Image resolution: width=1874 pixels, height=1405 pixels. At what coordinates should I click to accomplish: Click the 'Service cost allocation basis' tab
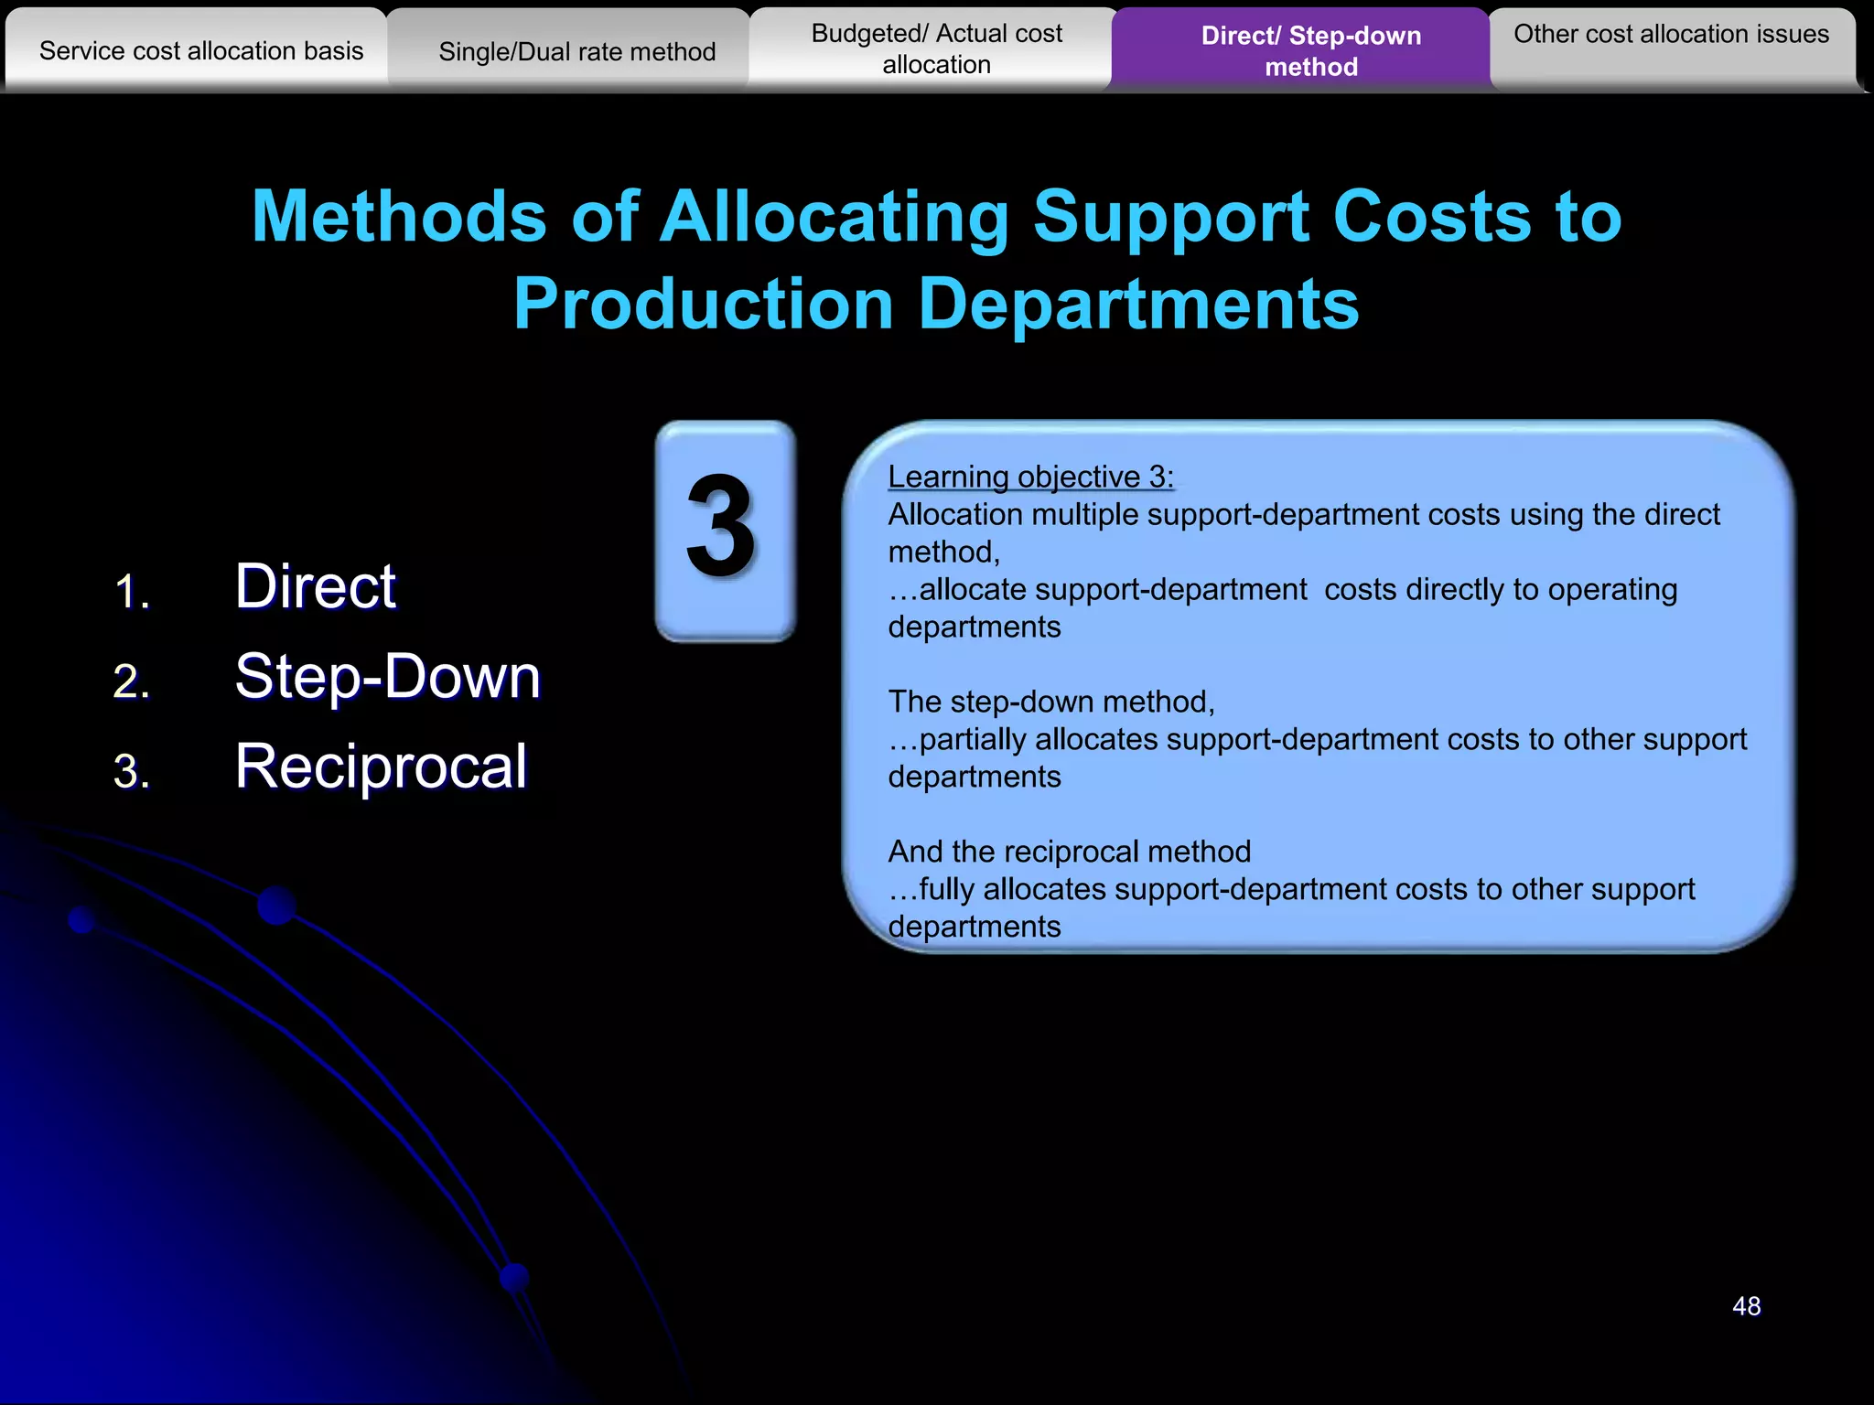pyautogui.click(x=201, y=50)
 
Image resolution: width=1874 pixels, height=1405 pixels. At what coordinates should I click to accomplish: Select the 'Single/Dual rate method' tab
pyautogui.click(x=576, y=51)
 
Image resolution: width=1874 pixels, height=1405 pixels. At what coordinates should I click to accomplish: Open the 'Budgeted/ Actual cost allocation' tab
pyautogui.click(x=936, y=48)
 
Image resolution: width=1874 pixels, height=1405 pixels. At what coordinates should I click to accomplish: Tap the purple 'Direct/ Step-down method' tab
pyautogui.click(x=1310, y=50)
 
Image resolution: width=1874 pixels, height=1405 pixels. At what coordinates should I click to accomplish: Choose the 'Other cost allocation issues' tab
pyautogui.click(x=1671, y=35)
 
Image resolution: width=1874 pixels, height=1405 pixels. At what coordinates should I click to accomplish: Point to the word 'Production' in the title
pyautogui.click(x=703, y=304)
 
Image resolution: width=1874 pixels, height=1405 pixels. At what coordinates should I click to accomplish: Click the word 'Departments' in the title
pyautogui.click(x=1138, y=304)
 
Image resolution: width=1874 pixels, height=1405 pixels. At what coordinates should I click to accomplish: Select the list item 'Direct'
pyautogui.click(x=315, y=585)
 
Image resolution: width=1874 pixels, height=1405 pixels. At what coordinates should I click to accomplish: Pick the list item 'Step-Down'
pyautogui.click(x=387, y=676)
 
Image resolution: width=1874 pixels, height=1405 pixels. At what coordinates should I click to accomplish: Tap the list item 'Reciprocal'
pyautogui.click(x=381, y=766)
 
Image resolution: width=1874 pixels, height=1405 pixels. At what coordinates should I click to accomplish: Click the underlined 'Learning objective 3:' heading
pyautogui.click(x=1030, y=477)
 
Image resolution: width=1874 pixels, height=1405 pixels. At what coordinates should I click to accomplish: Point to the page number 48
pyautogui.click(x=1746, y=1305)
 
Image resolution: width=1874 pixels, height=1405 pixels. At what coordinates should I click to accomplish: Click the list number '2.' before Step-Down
pyautogui.click(x=132, y=681)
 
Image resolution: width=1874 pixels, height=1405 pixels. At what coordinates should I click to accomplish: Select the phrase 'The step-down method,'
pyautogui.click(x=1051, y=702)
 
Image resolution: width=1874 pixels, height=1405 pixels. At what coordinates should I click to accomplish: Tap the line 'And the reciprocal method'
pyautogui.click(x=1069, y=852)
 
